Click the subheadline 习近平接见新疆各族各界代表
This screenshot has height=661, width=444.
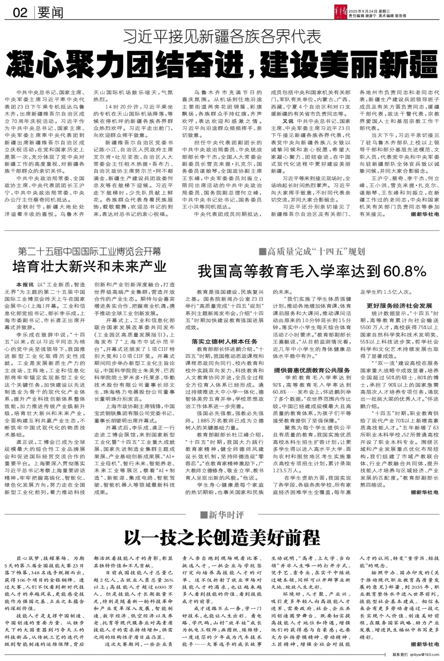point(222,37)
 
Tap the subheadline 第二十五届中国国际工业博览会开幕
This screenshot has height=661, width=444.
point(90,251)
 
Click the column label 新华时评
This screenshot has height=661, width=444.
point(222,514)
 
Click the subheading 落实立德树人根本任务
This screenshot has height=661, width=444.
point(224,341)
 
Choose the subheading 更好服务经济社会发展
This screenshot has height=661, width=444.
point(399,306)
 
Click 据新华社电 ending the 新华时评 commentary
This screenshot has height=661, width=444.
point(425,643)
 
